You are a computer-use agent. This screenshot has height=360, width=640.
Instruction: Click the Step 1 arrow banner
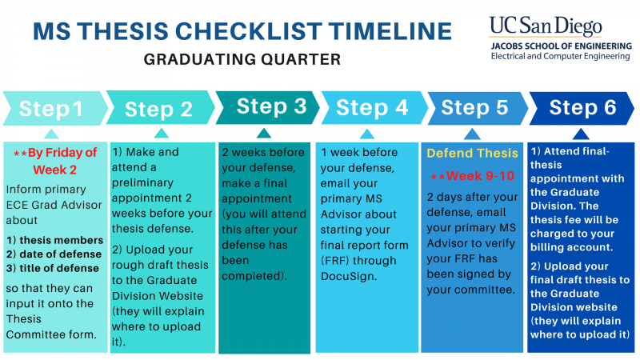point(55,108)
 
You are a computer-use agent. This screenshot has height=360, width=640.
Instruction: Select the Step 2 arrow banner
point(161,107)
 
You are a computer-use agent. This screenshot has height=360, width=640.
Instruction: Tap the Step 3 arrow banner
point(268,107)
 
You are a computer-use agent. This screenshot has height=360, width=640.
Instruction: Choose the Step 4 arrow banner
point(374,108)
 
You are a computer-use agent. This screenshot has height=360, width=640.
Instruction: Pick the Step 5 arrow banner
point(478,108)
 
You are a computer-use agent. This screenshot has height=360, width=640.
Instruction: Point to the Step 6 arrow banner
point(582,108)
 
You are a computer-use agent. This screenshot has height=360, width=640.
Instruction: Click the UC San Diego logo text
point(546,26)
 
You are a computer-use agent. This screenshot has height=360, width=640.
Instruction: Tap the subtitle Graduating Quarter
point(242,59)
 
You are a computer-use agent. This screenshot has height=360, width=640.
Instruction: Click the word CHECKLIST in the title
point(249,31)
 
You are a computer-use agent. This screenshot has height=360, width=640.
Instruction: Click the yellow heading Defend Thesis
point(472,153)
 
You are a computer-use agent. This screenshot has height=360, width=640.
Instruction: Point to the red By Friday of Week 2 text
point(55,161)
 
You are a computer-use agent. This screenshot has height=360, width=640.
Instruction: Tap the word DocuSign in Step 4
point(348,276)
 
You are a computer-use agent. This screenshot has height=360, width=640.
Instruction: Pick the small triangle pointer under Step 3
point(264,133)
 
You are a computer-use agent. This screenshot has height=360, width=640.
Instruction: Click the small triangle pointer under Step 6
point(581,134)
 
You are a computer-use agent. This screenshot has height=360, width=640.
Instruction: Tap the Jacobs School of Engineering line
point(562,46)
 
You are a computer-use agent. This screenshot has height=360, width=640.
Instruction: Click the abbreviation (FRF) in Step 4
point(335,261)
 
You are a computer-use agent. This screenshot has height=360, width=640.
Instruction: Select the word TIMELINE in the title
point(390,31)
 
